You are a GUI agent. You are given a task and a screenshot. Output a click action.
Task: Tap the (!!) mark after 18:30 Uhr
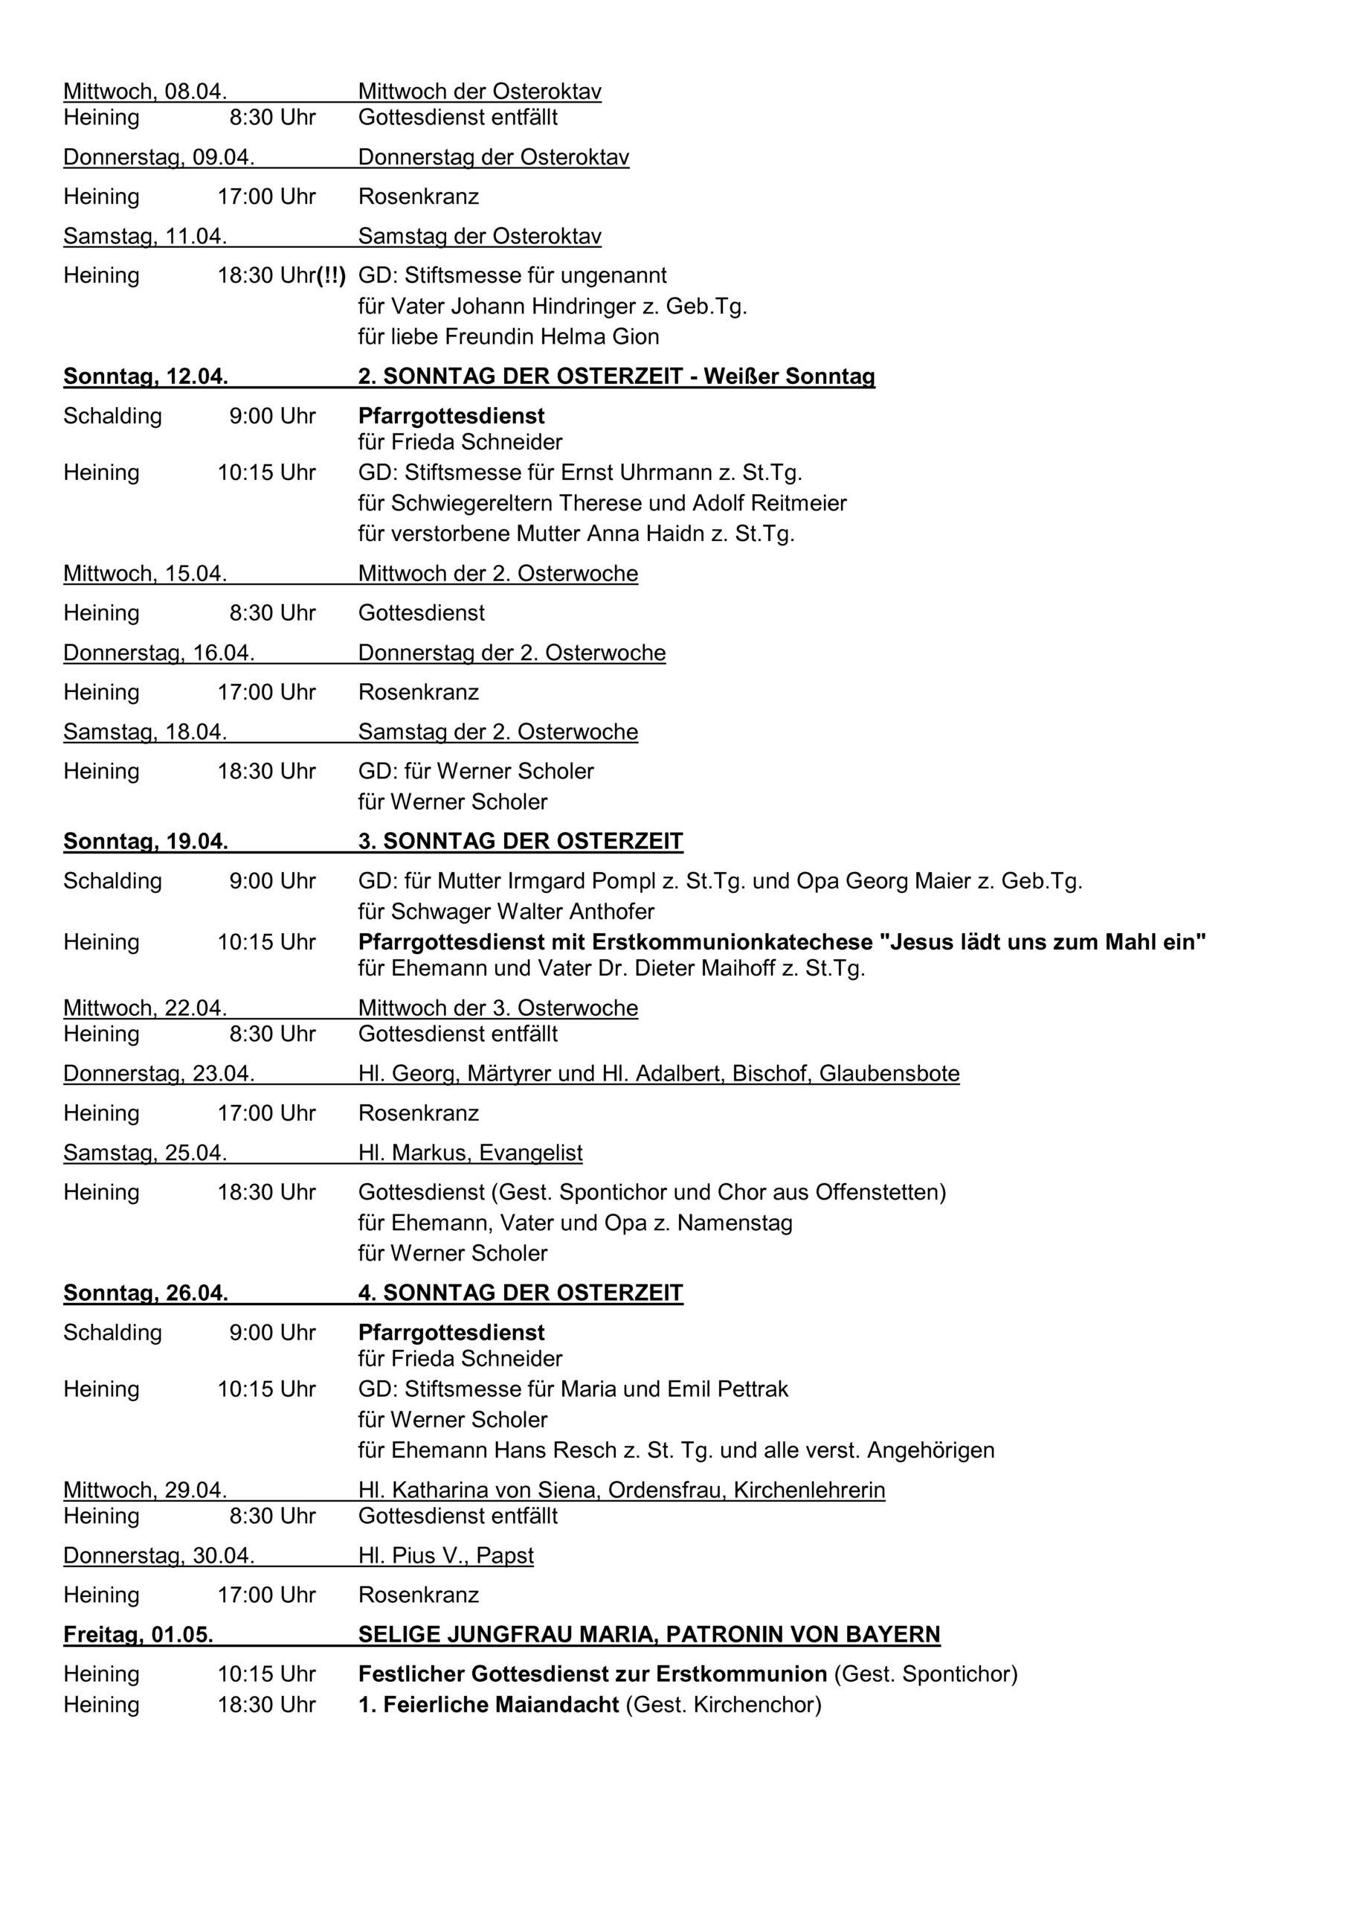331,275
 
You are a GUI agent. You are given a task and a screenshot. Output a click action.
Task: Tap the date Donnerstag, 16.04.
158,653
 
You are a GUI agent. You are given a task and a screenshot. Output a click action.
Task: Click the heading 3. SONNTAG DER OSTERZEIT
520,842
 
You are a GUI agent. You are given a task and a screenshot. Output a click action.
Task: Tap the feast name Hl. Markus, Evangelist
470,1153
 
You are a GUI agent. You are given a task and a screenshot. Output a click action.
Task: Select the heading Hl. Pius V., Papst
445,1556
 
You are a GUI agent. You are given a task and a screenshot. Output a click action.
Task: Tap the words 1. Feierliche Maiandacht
489,1705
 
